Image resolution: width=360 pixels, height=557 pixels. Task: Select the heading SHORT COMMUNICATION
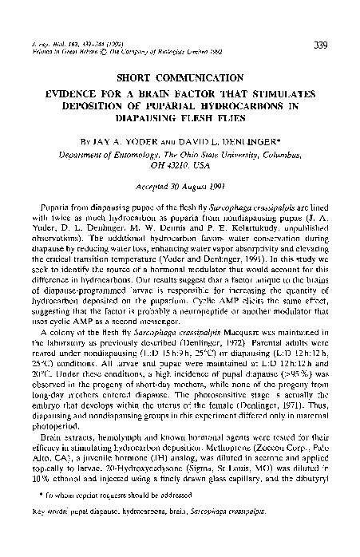click(x=179, y=79)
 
